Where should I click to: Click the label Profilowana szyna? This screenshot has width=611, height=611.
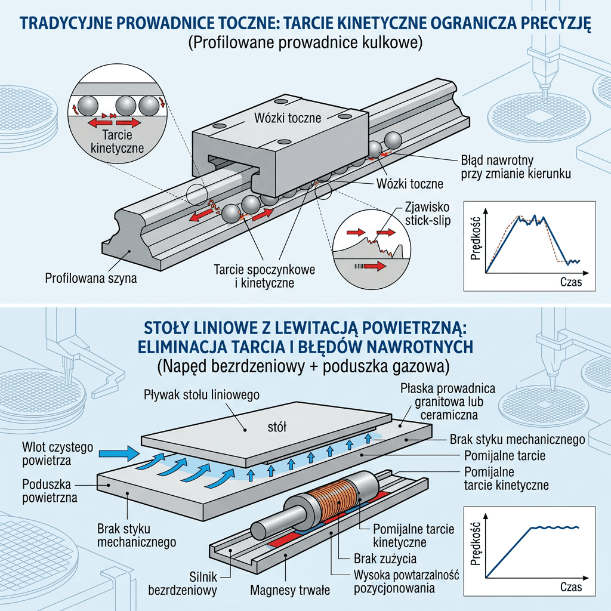(91, 278)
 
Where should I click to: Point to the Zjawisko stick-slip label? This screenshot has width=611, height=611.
(427, 214)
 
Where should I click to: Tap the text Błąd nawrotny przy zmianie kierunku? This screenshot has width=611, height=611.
(516, 167)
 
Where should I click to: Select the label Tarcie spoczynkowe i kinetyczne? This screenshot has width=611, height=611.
(264, 276)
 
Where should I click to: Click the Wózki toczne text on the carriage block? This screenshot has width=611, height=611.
(288, 118)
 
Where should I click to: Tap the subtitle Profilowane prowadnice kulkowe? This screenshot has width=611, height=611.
(305, 42)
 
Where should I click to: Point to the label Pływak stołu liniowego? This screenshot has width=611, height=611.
(202, 395)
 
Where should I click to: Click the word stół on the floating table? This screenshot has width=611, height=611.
(277, 427)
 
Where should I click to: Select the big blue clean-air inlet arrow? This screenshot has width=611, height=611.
(119, 453)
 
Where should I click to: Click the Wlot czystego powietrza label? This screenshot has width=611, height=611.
(58, 453)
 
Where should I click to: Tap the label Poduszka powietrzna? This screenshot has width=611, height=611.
(50, 491)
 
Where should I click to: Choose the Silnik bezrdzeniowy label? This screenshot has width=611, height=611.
(183, 583)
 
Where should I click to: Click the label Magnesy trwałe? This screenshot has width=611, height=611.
(290, 590)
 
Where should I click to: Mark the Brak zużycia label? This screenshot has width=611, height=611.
(385, 558)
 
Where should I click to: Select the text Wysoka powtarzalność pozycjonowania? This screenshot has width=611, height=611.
(406, 581)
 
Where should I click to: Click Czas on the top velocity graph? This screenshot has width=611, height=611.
(571, 282)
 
